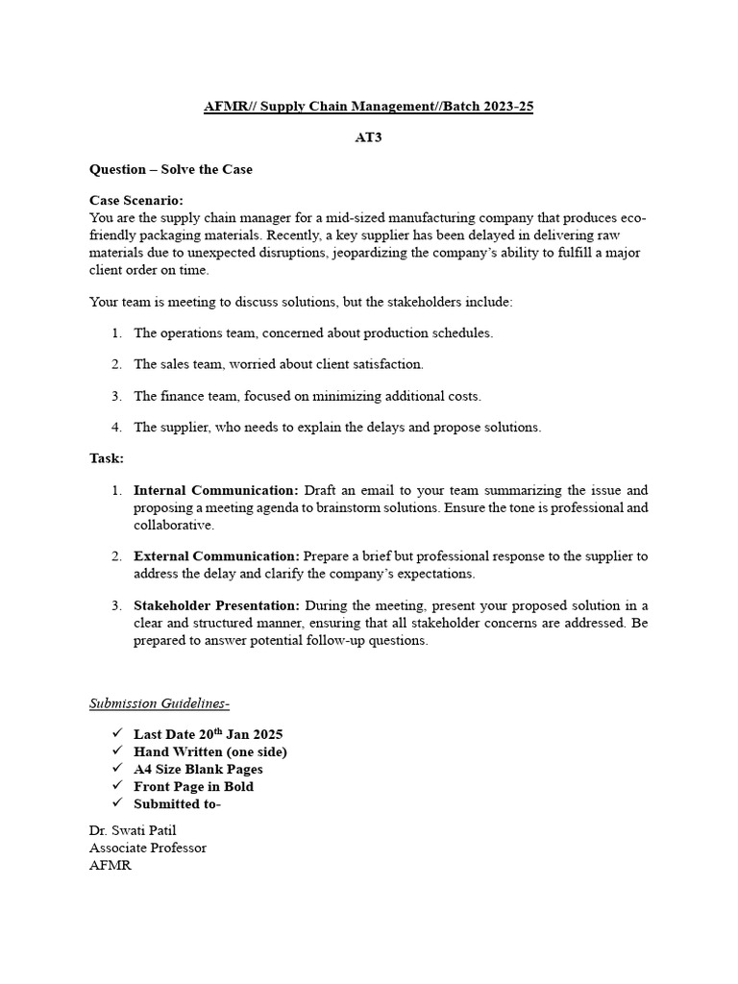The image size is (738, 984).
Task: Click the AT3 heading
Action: [369, 137]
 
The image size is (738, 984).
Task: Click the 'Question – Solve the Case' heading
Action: [171, 169]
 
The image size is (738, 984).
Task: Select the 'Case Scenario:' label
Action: [135, 200]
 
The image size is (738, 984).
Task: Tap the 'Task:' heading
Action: [107, 458]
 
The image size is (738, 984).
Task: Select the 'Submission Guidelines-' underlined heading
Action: [160, 703]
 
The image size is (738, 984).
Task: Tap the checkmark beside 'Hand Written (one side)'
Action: [118, 751]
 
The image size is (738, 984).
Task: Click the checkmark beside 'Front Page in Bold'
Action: [118, 786]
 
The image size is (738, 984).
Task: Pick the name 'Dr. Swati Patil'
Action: [133, 830]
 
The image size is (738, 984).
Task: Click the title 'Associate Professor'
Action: [148, 848]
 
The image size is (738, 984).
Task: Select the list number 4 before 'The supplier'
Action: [116, 428]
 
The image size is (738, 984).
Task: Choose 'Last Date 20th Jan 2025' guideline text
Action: [209, 734]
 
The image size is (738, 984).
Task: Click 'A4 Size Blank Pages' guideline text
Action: [198, 769]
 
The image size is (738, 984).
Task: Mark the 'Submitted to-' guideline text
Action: [178, 803]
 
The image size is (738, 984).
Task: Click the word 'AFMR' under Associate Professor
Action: [111, 865]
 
